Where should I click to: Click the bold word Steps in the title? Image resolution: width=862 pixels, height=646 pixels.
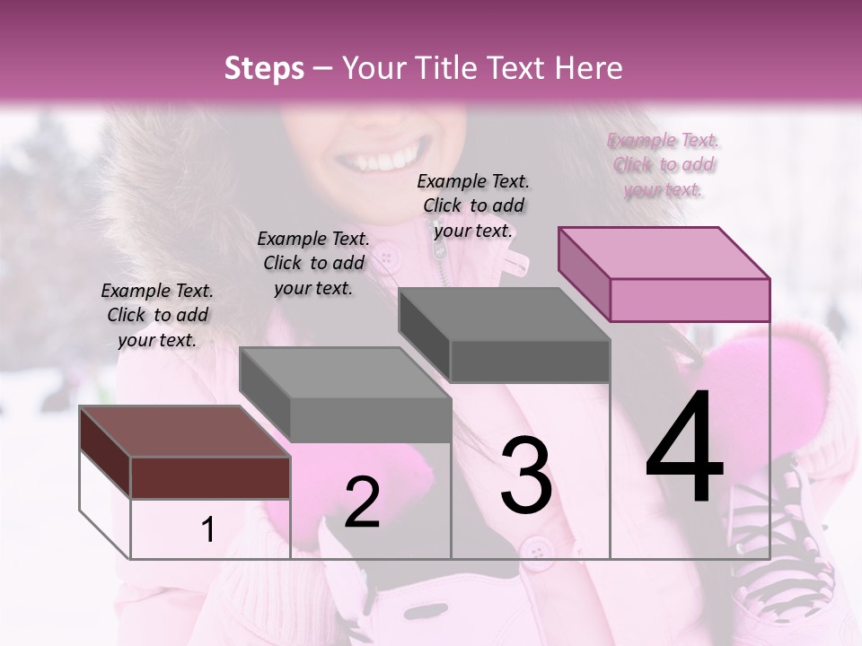pos(264,68)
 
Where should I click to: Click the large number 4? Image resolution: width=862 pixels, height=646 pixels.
pos(684,449)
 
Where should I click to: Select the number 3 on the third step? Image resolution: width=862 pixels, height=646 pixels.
pos(526,476)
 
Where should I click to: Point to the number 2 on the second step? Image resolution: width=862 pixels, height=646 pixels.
pos(362,502)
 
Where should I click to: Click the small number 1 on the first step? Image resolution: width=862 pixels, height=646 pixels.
pos(208,530)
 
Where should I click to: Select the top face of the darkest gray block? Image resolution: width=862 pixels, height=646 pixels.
pos(503,314)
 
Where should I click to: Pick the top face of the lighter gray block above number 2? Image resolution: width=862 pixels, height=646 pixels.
pos(344,372)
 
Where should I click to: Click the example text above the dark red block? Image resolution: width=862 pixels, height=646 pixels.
pos(157,315)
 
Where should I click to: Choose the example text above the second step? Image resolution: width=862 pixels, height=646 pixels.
pos(313,263)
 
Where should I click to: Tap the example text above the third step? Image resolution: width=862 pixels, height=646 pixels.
pos(473,205)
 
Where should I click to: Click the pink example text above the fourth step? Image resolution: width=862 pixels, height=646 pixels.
pos(664,164)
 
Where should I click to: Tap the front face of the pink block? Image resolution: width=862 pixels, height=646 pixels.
pos(690,300)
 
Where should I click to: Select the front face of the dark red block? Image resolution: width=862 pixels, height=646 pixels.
pos(210,477)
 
